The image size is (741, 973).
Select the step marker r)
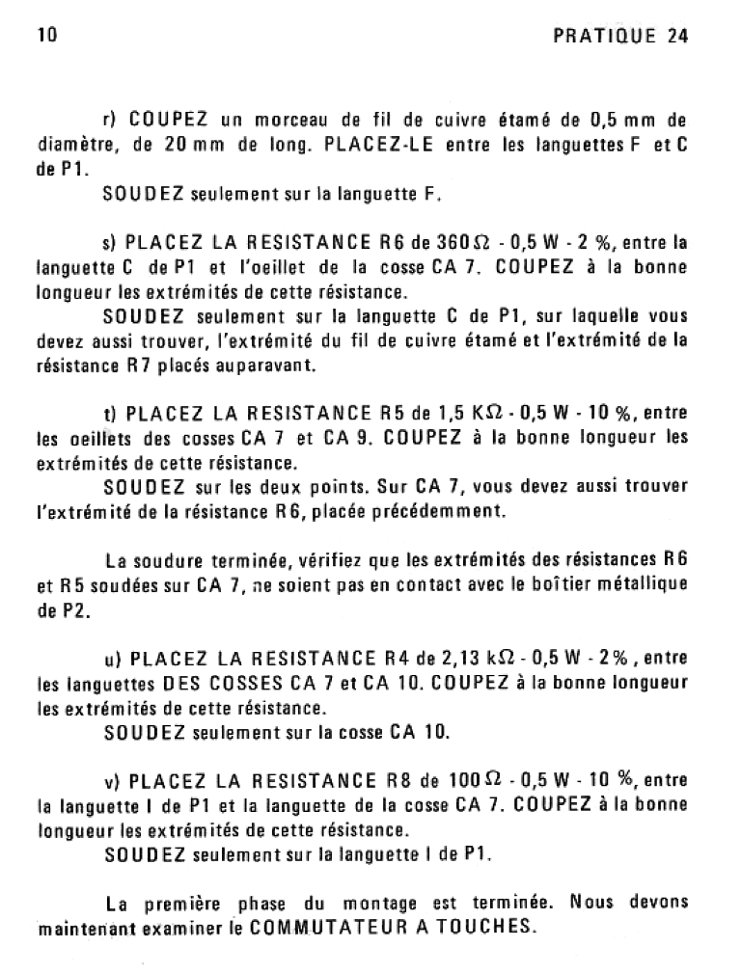pyautogui.click(x=109, y=122)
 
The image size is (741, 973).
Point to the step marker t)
pyautogui.click(x=108, y=415)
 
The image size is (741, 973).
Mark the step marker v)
pyautogui.click(x=109, y=781)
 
